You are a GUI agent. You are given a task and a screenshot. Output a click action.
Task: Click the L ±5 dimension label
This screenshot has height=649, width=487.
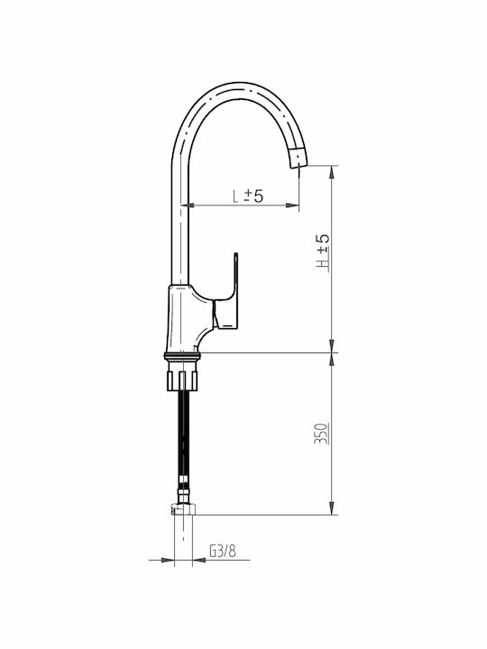pyautogui.click(x=248, y=196)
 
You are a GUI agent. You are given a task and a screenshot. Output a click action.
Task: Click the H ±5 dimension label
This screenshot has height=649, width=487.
pyautogui.click(x=323, y=253)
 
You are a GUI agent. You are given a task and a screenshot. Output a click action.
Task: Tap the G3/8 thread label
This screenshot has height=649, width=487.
pyautogui.click(x=223, y=551)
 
